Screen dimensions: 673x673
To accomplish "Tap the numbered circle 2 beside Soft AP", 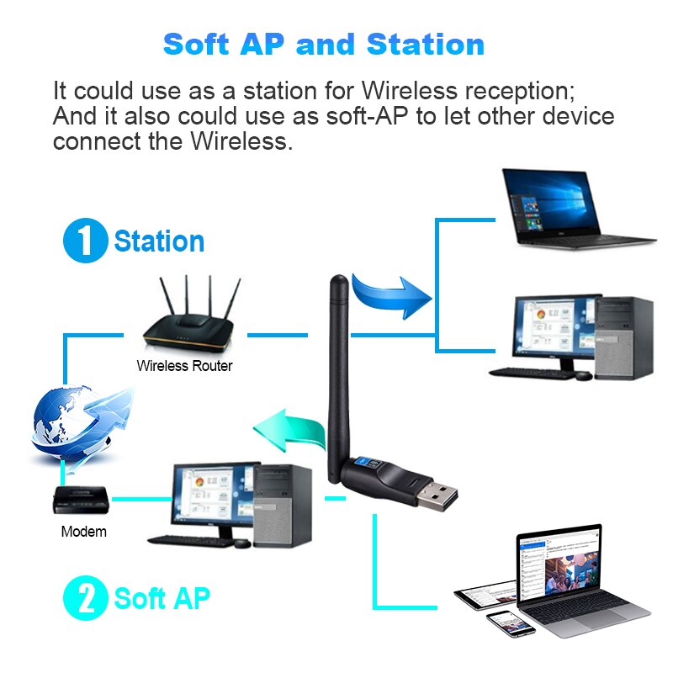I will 85,599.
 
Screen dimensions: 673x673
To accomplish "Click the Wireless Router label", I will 184,366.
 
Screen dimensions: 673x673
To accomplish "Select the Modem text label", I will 84,532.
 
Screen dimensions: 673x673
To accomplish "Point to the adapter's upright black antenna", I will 336,362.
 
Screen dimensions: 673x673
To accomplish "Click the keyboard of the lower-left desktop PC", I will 189,541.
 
